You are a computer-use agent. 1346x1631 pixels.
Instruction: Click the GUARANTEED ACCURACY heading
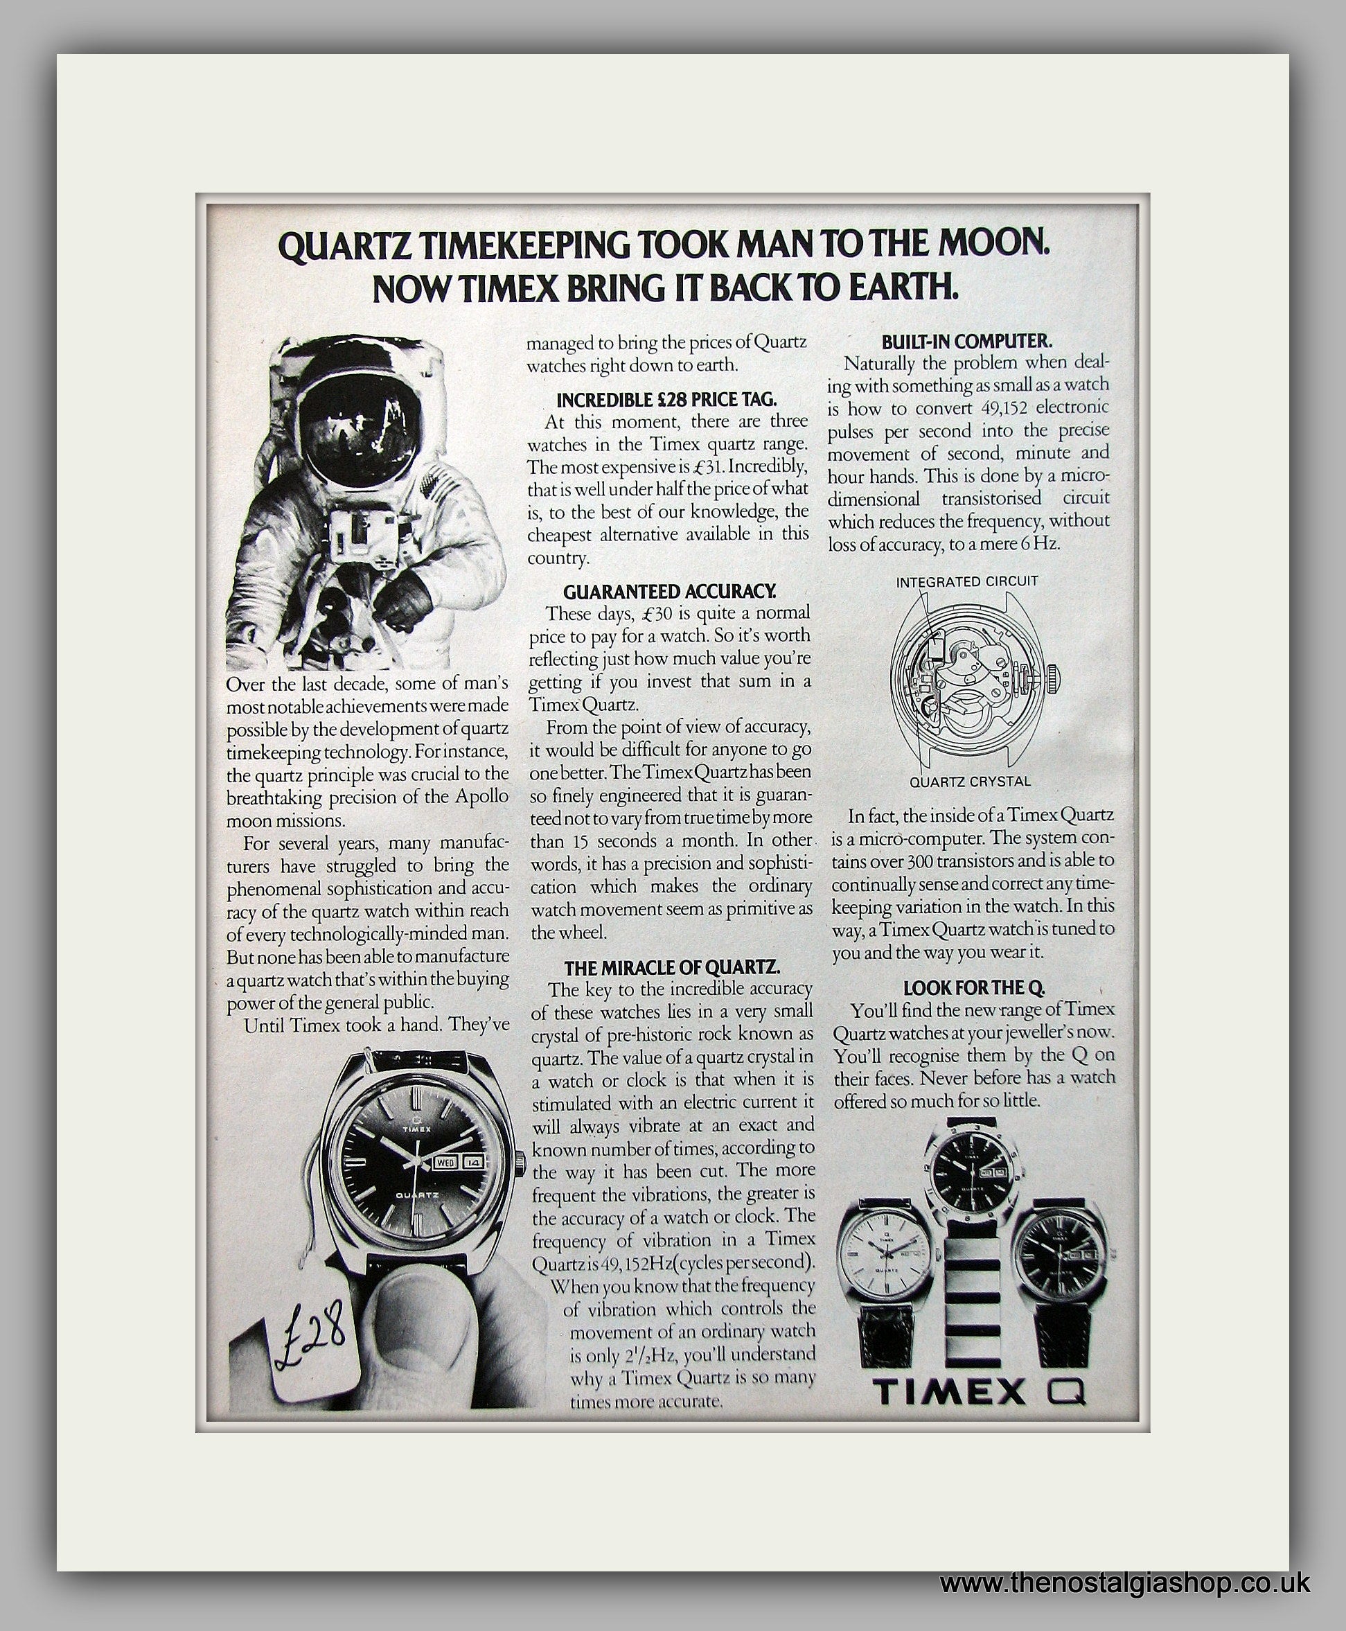(669, 592)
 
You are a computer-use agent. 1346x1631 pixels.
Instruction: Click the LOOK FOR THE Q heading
(974, 987)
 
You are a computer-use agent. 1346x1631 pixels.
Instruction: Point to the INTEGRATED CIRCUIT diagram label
(966, 581)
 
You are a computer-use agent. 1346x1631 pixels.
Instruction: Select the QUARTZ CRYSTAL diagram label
(970, 782)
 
